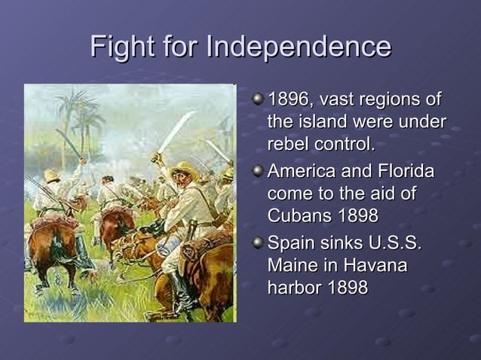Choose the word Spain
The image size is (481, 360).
coord(290,245)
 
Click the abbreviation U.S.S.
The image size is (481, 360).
coord(394,245)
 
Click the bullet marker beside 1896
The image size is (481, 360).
coord(258,99)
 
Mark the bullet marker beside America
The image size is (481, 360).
coord(258,172)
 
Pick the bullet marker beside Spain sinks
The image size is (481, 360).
coord(258,244)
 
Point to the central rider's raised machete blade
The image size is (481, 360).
coord(176,132)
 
